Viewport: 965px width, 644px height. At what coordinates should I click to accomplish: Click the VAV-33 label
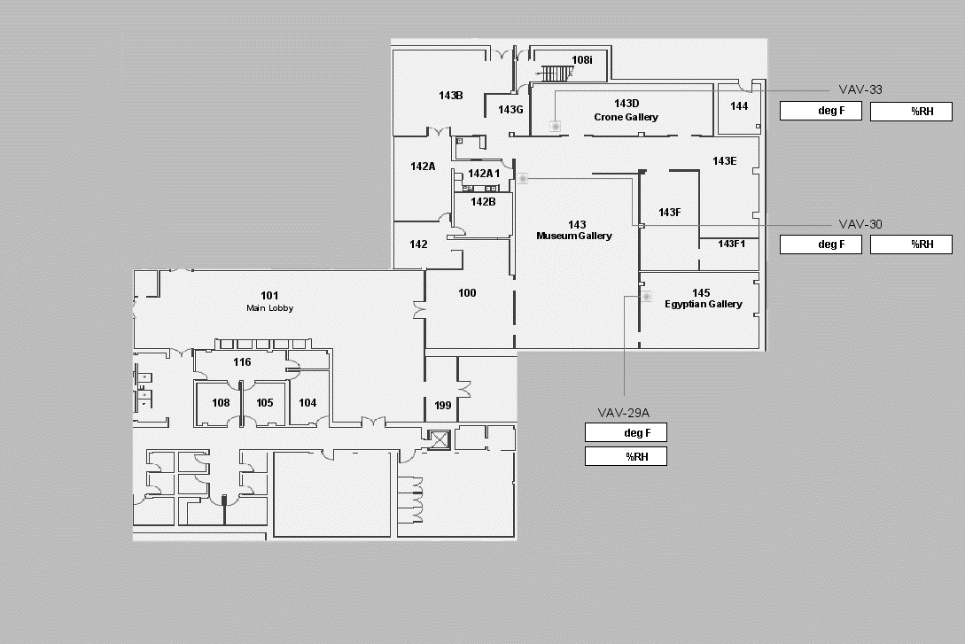[x=860, y=89]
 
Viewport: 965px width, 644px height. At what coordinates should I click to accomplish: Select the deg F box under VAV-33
[x=821, y=111]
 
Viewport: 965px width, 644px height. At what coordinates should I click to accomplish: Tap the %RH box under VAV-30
[x=911, y=244]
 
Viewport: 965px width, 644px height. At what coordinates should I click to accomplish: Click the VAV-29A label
[x=624, y=413]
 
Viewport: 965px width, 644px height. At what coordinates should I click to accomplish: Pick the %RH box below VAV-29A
[x=626, y=456]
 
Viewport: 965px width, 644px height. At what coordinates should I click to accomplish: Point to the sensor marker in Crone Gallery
[x=555, y=126]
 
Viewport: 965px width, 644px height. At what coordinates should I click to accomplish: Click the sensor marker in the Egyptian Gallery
[x=646, y=297]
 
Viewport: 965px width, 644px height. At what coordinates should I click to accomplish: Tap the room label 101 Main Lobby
[x=269, y=301]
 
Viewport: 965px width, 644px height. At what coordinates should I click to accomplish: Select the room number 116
[x=242, y=362]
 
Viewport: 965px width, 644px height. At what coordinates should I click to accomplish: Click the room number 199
[x=442, y=406]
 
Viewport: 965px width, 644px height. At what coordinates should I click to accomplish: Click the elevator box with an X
[x=440, y=439]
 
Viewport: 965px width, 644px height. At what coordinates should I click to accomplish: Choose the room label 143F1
[x=731, y=244]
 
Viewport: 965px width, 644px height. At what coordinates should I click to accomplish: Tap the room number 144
[x=739, y=105]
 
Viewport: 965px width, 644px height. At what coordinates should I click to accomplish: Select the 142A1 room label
[x=484, y=174]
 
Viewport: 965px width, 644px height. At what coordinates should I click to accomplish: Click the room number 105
[x=265, y=403]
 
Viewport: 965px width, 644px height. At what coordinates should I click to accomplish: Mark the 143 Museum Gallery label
[x=574, y=230]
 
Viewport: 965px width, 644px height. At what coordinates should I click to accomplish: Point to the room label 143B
[x=450, y=96]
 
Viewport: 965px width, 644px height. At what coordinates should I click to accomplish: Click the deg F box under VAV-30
[x=821, y=244]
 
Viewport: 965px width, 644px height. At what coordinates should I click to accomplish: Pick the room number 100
[x=467, y=293]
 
